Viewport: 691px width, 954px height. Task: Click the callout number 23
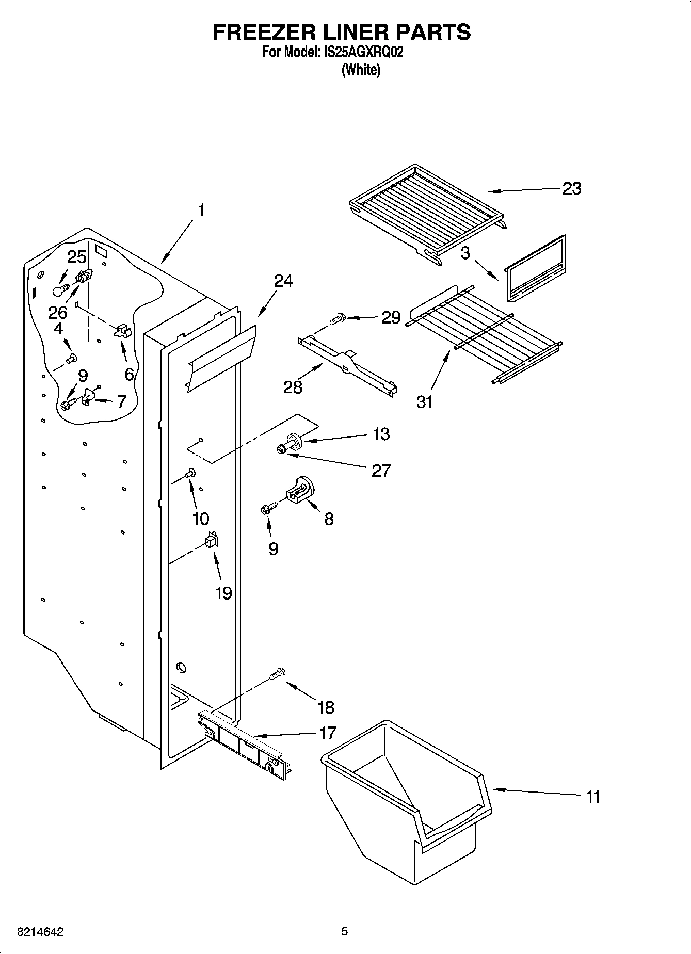click(x=571, y=189)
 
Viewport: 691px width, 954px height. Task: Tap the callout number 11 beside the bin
click(x=593, y=796)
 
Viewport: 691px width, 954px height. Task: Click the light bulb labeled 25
click(x=60, y=290)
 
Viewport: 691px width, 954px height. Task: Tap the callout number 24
click(x=283, y=281)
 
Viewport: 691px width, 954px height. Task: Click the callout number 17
click(x=328, y=732)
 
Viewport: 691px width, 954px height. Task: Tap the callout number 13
click(x=381, y=434)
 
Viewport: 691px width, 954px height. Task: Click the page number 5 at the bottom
click(x=344, y=931)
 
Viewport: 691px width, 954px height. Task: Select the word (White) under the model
click(x=361, y=70)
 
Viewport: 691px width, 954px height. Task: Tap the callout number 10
click(x=201, y=519)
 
